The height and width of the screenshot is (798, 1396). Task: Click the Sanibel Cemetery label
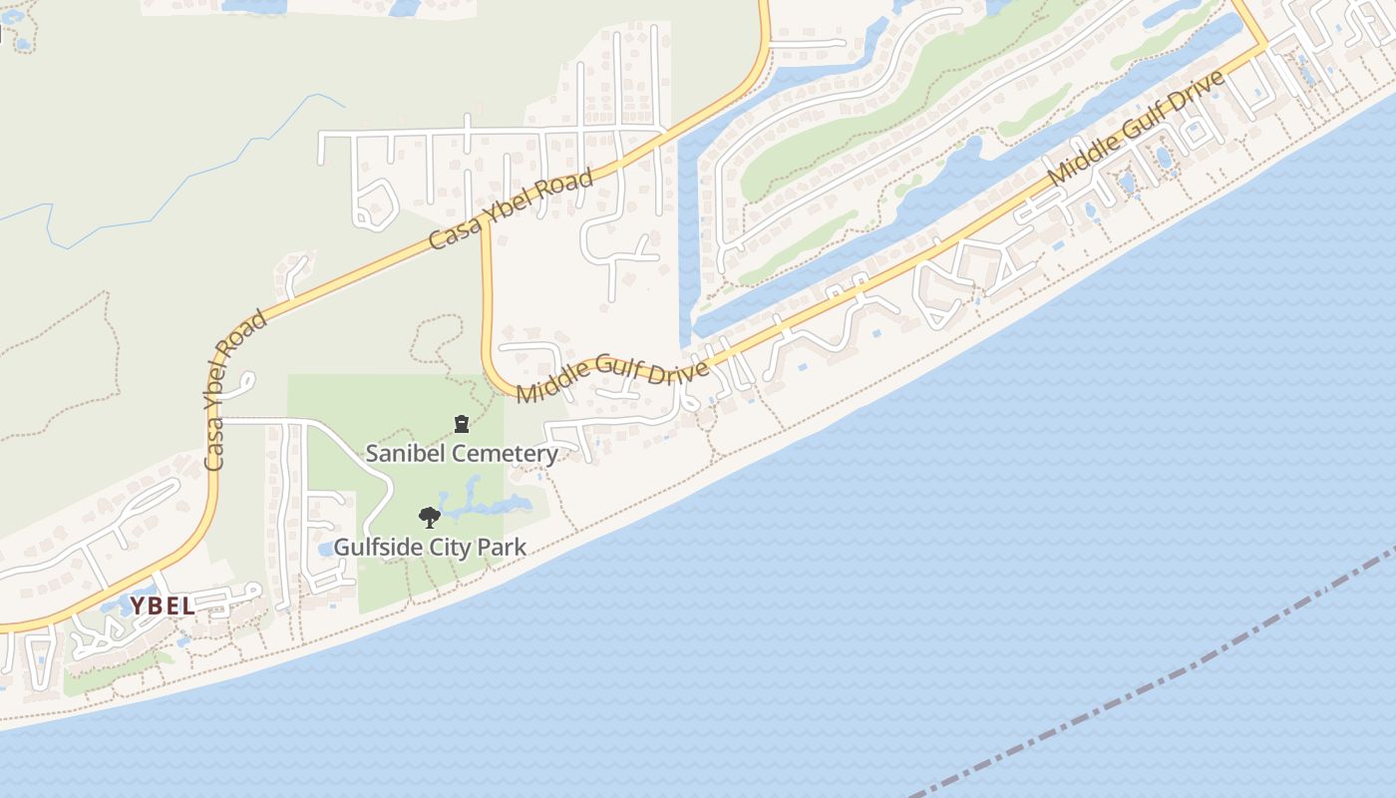click(462, 454)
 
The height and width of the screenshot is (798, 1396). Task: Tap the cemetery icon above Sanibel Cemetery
click(462, 425)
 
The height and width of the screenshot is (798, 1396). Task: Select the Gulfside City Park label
click(430, 548)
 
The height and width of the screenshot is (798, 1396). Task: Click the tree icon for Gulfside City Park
click(430, 517)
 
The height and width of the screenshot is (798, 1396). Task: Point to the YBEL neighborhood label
click(163, 605)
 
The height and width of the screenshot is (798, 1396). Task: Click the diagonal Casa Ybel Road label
click(511, 209)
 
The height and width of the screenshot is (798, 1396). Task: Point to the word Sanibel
click(401, 454)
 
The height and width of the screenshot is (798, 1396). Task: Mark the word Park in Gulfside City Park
click(504, 548)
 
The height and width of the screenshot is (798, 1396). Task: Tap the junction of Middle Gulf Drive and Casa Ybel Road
click(486, 227)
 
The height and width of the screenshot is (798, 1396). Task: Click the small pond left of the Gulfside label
click(326, 549)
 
